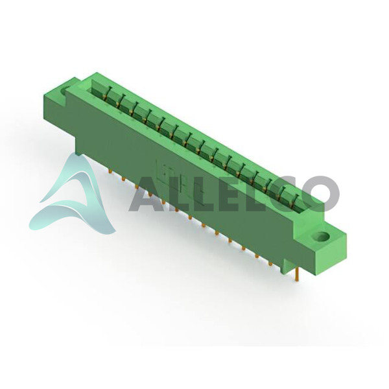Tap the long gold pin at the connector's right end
[x=297, y=274]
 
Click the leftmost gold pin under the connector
[x=110, y=171]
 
